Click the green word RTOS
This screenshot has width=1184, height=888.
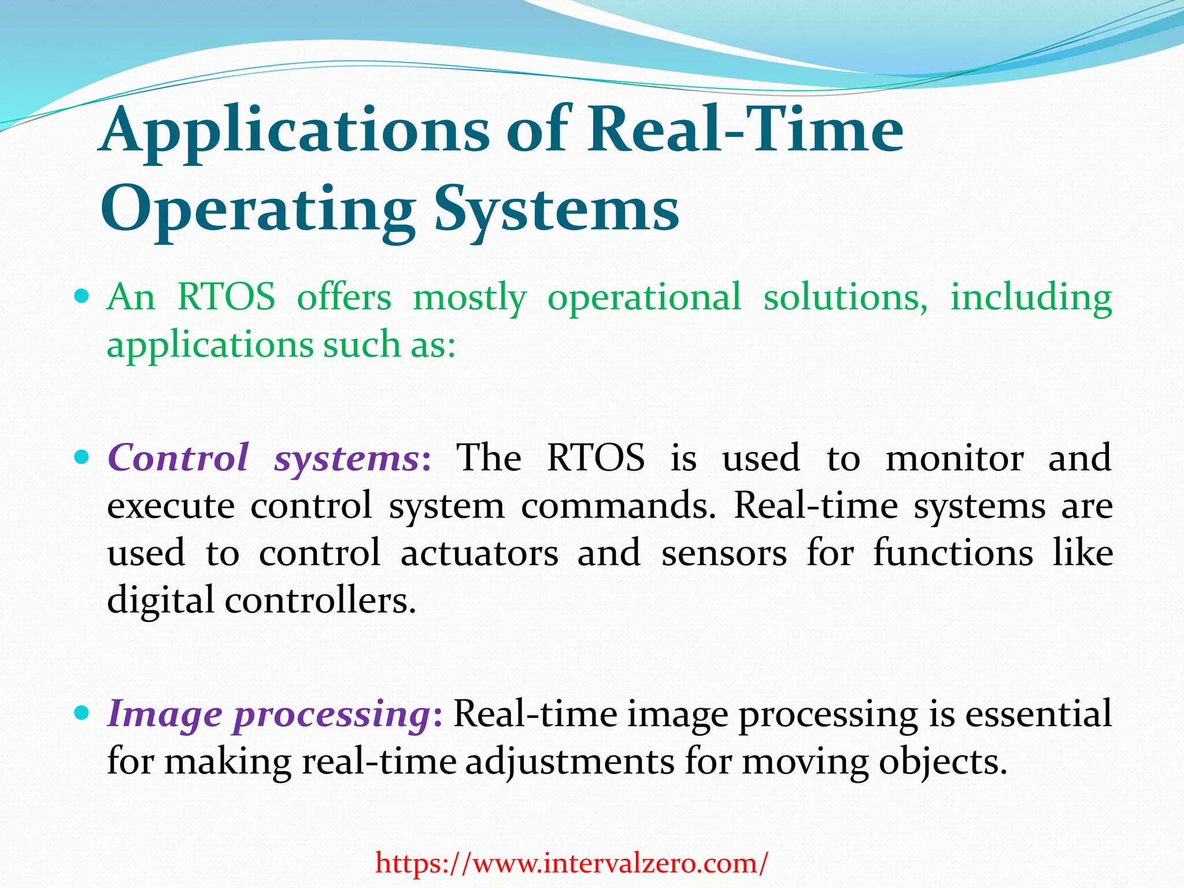(226, 297)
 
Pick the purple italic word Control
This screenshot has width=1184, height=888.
(179, 458)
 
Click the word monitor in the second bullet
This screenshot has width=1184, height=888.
(954, 458)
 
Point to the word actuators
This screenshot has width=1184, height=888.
(479, 553)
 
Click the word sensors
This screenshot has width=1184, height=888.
(724, 553)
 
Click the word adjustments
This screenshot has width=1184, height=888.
(569, 762)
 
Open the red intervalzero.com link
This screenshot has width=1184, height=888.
(572, 864)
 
